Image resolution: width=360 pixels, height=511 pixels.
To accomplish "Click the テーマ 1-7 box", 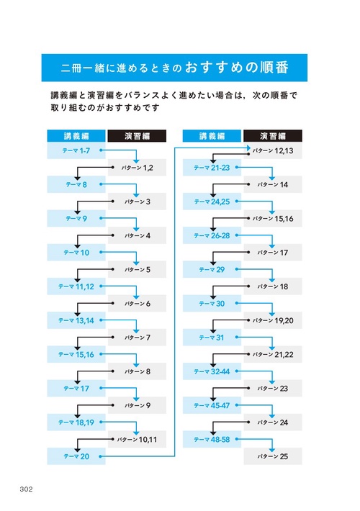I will pyautogui.click(x=76, y=150).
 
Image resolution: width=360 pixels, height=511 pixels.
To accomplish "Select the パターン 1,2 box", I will pyautogui.click(x=137, y=168).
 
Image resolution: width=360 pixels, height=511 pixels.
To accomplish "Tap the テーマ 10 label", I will pyautogui.click(x=76, y=253).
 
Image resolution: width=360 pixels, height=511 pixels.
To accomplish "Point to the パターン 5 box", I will pyautogui.click(x=137, y=270).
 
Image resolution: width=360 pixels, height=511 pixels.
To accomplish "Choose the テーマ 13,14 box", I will pyautogui.click(x=76, y=320).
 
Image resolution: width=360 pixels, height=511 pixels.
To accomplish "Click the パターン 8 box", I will pyautogui.click(x=137, y=371).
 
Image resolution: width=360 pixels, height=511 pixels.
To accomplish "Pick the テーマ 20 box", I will pyautogui.click(x=76, y=456).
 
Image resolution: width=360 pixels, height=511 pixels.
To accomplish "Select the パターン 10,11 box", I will pyautogui.click(x=137, y=439).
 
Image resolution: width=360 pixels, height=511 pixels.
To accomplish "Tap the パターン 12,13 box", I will pyautogui.click(x=272, y=150).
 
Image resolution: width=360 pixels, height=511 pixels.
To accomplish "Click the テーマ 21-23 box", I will pyautogui.click(x=212, y=168).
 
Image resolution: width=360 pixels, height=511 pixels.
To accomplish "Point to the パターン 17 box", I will pyautogui.click(x=272, y=253).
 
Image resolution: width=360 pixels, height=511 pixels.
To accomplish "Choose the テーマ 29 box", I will pyautogui.click(x=212, y=270).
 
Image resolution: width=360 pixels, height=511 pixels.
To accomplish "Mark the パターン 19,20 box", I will pyautogui.click(x=272, y=320).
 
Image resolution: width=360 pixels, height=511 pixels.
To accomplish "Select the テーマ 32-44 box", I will pyautogui.click(x=212, y=371).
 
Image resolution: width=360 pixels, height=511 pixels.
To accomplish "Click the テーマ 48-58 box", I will pyautogui.click(x=212, y=439).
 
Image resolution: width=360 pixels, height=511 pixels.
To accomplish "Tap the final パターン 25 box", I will pyautogui.click(x=272, y=456).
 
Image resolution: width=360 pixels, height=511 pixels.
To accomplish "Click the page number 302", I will pyautogui.click(x=27, y=489).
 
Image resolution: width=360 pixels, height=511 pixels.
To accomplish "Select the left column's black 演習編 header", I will pyautogui.click(x=137, y=135).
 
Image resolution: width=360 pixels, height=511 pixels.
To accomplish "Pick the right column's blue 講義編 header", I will pyautogui.click(x=212, y=135).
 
